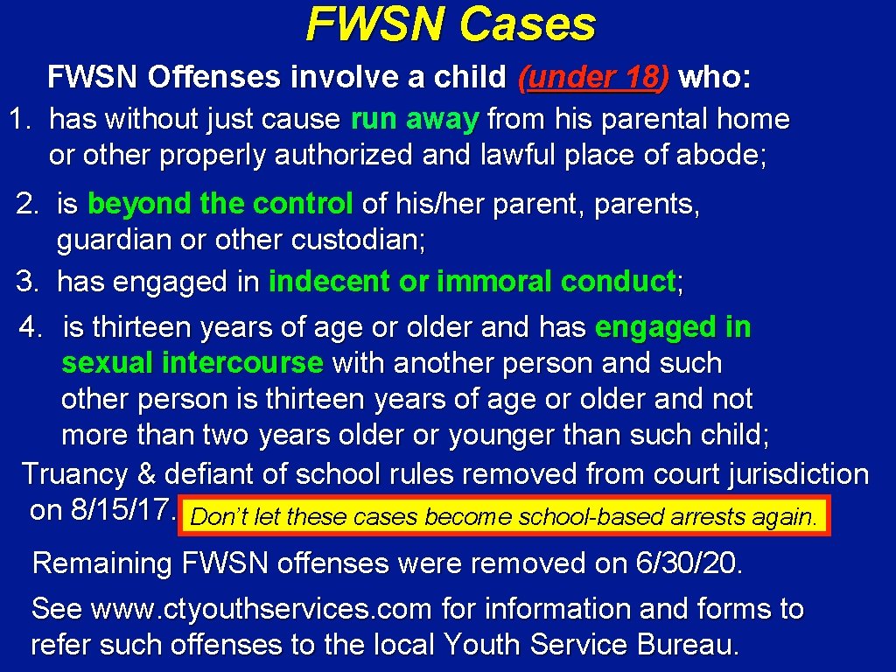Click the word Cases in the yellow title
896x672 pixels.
tap(528, 24)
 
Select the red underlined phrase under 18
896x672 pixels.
tap(594, 78)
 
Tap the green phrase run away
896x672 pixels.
tap(414, 118)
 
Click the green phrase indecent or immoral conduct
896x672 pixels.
tap(472, 282)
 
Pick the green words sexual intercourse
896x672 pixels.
tap(192, 362)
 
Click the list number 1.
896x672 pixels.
tap(19, 118)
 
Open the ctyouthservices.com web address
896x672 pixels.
tap(262, 608)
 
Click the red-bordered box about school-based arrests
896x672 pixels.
tap(503, 517)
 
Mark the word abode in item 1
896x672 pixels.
tap(721, 155)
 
